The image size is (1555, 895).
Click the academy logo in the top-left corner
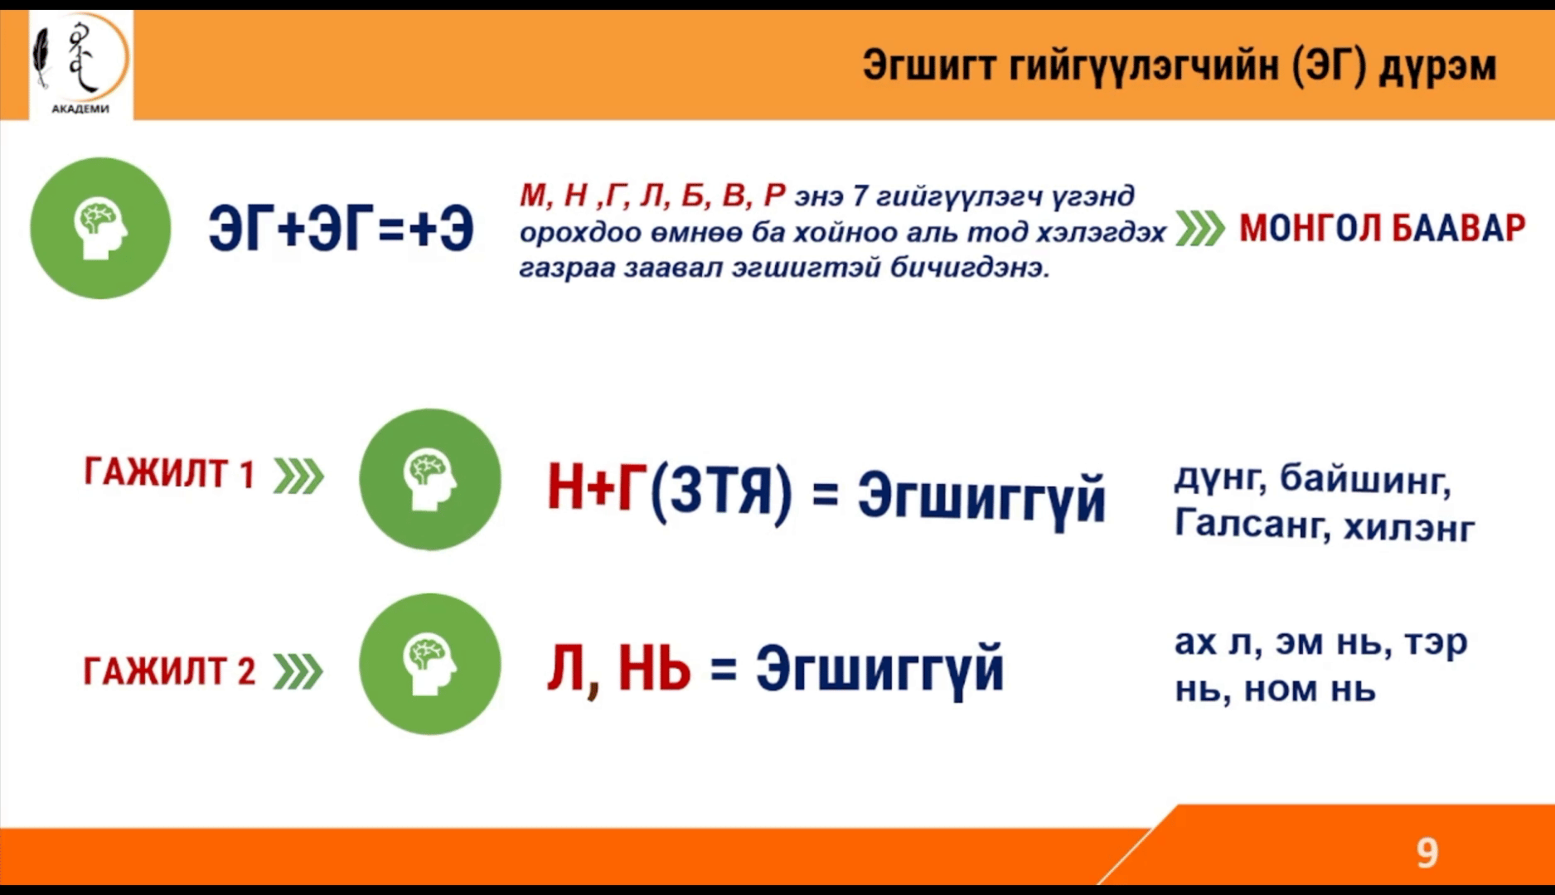point(80,64)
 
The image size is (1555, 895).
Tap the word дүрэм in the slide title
point(1437,65)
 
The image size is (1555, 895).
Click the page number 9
point(1427,853)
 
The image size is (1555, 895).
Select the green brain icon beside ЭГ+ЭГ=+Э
point(100,228)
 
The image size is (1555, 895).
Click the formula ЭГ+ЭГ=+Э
point(341,229)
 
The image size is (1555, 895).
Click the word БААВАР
point(1458,228)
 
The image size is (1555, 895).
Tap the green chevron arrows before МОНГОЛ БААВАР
point(1199,229)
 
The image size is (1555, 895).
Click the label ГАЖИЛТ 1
point(169,474)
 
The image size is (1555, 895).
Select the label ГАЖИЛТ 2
point(169,670)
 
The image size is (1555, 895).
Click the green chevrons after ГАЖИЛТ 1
point(298,477)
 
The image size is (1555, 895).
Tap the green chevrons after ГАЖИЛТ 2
point(298,672)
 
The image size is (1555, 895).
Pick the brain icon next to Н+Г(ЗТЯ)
point(430,479)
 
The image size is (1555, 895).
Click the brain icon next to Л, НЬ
point(430,664)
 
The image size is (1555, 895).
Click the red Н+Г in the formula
point(597,489)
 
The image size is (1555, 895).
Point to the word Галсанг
point(1250,525)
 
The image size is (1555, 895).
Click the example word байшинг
point(1365,479)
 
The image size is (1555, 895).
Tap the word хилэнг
point(1409,527)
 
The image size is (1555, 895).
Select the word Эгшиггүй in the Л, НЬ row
point(879,669)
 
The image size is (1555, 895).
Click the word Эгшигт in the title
point(928,65)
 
